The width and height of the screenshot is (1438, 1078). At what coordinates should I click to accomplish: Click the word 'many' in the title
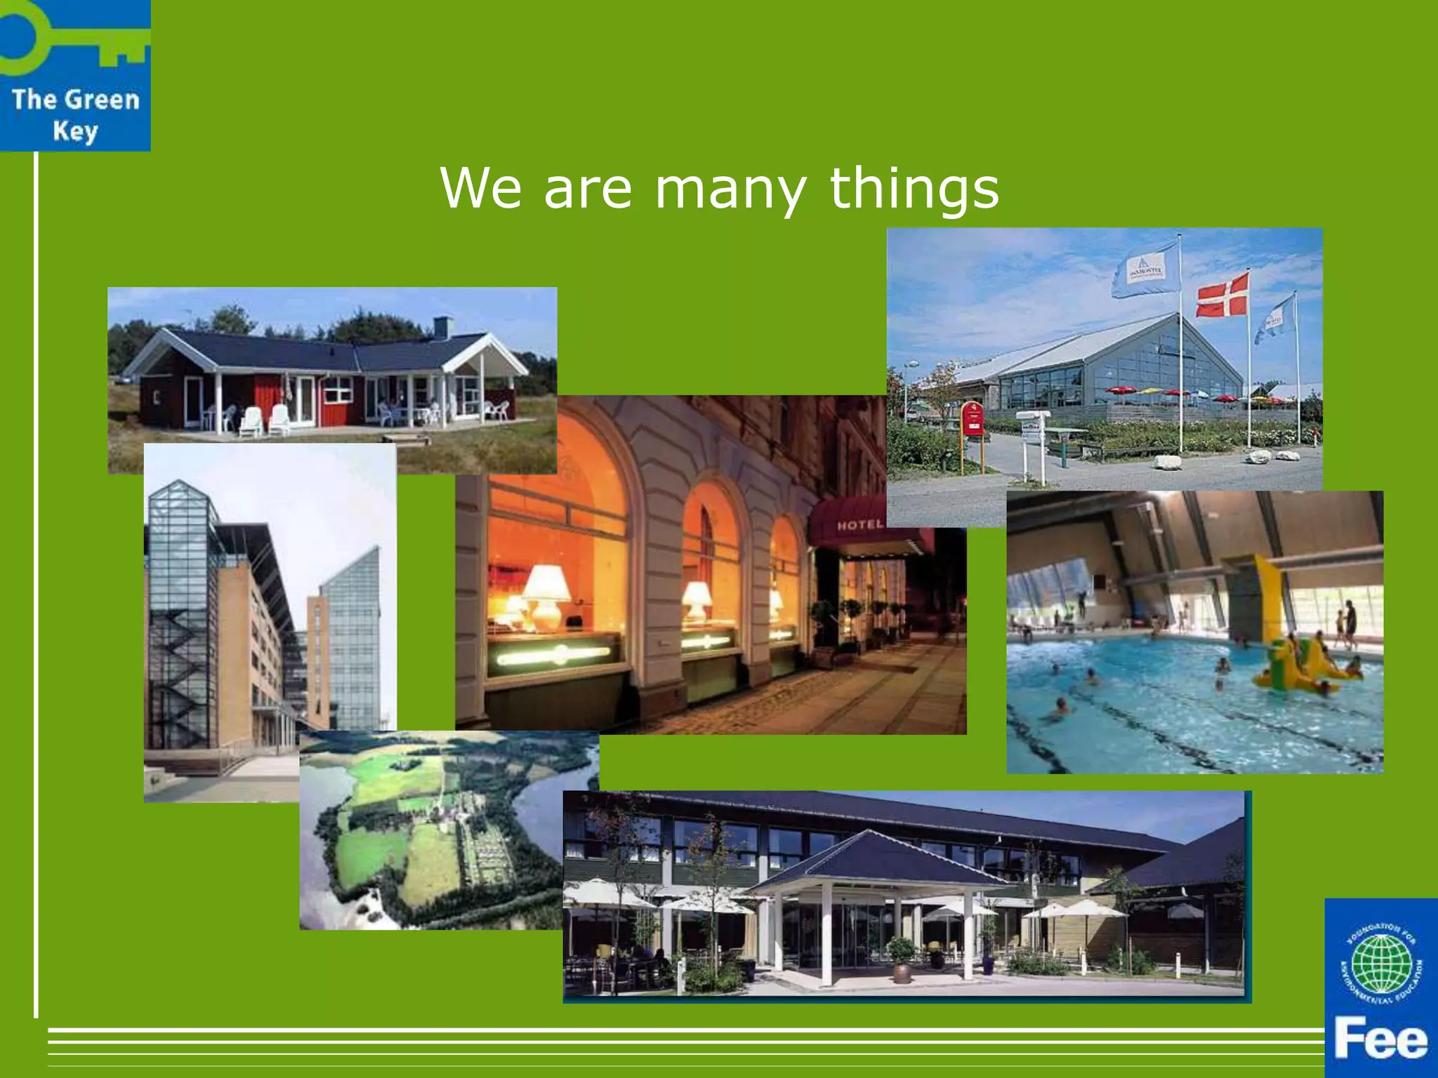coord(730,189)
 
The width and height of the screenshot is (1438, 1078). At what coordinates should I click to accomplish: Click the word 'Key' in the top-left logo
coord(75,131)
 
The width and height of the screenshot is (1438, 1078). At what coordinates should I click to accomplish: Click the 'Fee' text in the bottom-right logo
coord(1380,1040)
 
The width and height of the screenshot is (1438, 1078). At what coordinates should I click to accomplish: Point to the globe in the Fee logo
coord(1381,964)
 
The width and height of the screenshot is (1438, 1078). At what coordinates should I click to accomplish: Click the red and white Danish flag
coord(1222,295)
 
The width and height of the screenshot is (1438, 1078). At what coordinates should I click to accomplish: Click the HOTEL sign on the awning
coord(859,525)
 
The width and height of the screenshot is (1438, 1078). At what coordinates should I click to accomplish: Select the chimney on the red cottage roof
coord(443,326)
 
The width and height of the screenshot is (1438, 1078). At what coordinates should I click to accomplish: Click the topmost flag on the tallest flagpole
coord(1145,270)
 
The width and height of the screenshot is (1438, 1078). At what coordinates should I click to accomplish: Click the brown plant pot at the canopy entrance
coord(901,971)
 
